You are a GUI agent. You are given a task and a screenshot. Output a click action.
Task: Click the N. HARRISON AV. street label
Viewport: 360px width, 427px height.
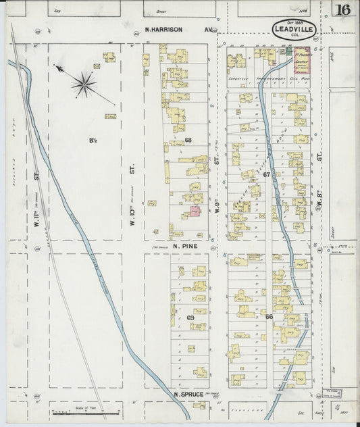[x=179, y=30]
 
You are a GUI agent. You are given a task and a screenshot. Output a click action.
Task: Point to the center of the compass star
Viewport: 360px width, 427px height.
[x=84, y=84]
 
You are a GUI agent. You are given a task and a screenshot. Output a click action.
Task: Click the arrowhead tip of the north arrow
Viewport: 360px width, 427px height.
[x=55, y=66]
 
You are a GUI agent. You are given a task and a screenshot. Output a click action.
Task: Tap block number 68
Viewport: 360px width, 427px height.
[x=188, y=141]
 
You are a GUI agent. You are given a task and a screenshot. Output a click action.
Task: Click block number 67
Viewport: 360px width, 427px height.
[x=267, y=174]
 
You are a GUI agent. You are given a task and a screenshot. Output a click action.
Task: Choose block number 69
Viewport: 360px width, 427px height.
[x=190, y=318]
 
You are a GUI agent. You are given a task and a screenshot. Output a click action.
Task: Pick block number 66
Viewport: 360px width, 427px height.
[x=269, y=317]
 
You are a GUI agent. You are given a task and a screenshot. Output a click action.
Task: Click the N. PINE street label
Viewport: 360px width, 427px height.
[x=183, y=247]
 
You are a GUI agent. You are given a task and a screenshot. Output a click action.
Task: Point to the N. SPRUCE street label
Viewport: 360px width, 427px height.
[x=188, y=394]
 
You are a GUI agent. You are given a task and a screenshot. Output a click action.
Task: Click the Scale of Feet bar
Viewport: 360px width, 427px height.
[x=86, y=411]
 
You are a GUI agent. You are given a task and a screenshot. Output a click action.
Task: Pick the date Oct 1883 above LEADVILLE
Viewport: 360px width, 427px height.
[x=295, y=21]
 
